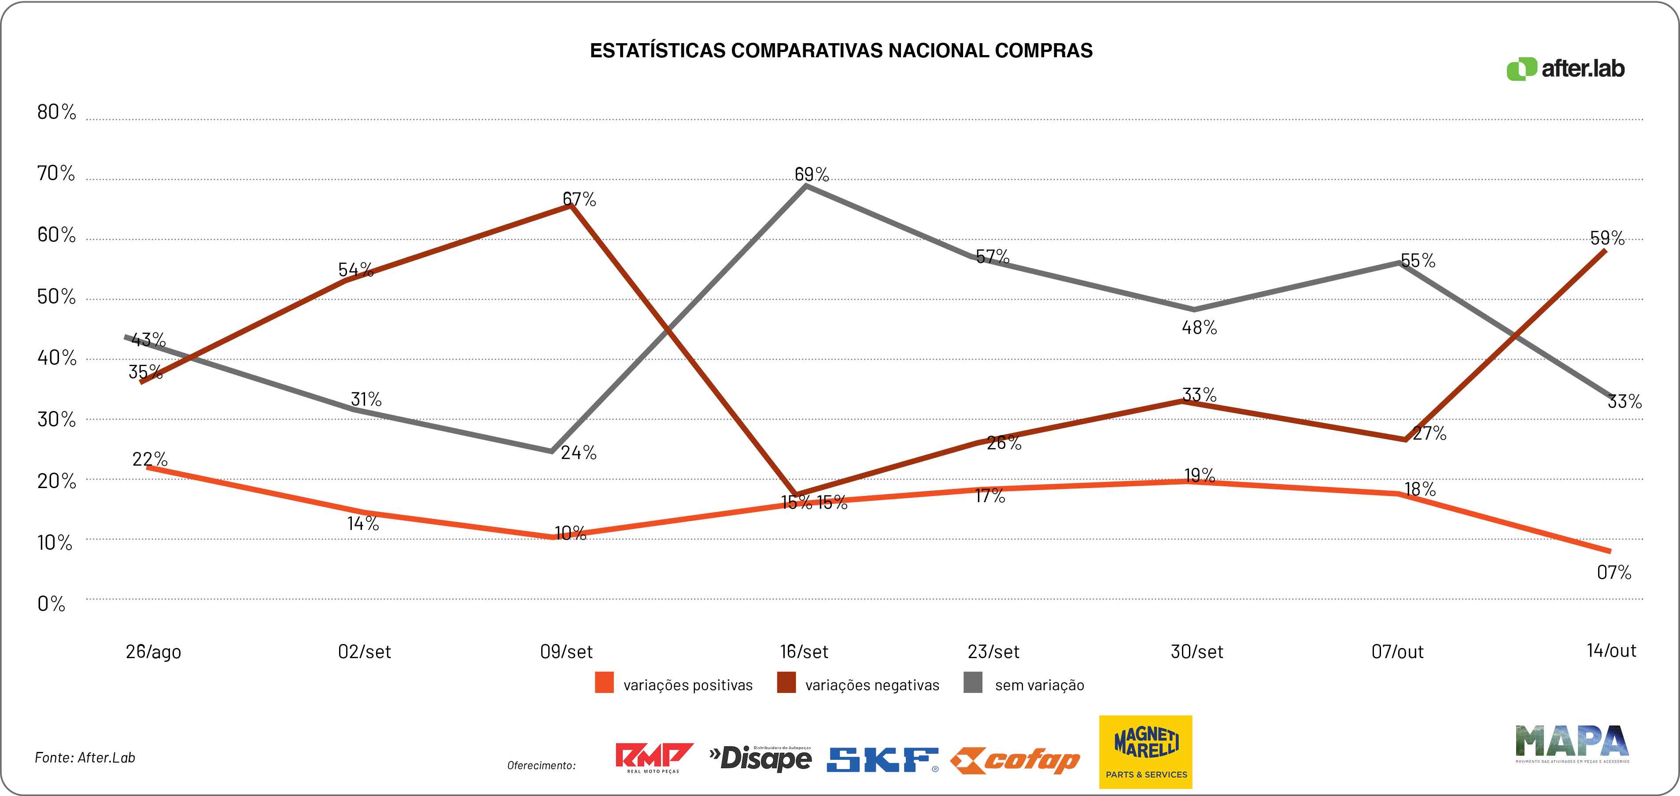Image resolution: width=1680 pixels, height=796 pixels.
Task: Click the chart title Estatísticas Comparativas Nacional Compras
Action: pyautogui.click(x=841, y=51)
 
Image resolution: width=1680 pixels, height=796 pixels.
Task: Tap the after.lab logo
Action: pyautogui.click(x=1565, y=69)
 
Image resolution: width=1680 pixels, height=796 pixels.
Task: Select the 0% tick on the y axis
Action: pyautogui.click(x=52, y=603)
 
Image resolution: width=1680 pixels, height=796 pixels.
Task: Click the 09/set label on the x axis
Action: pyautogui.click(x=566, y=651)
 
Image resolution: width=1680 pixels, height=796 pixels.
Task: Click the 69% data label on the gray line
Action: pyautogui.click(x=811, y=174)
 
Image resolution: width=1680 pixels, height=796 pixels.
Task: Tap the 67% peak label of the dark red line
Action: pyautogui.click(x=579, y=199)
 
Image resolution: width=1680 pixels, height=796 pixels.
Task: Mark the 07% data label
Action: pyautogui.click(x=1614, y=572)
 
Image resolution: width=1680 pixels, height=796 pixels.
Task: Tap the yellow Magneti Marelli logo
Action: pyautogui.click(x=1145, y=752)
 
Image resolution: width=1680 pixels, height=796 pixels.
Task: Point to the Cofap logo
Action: pyautogui.click(x=1015, y=760)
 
